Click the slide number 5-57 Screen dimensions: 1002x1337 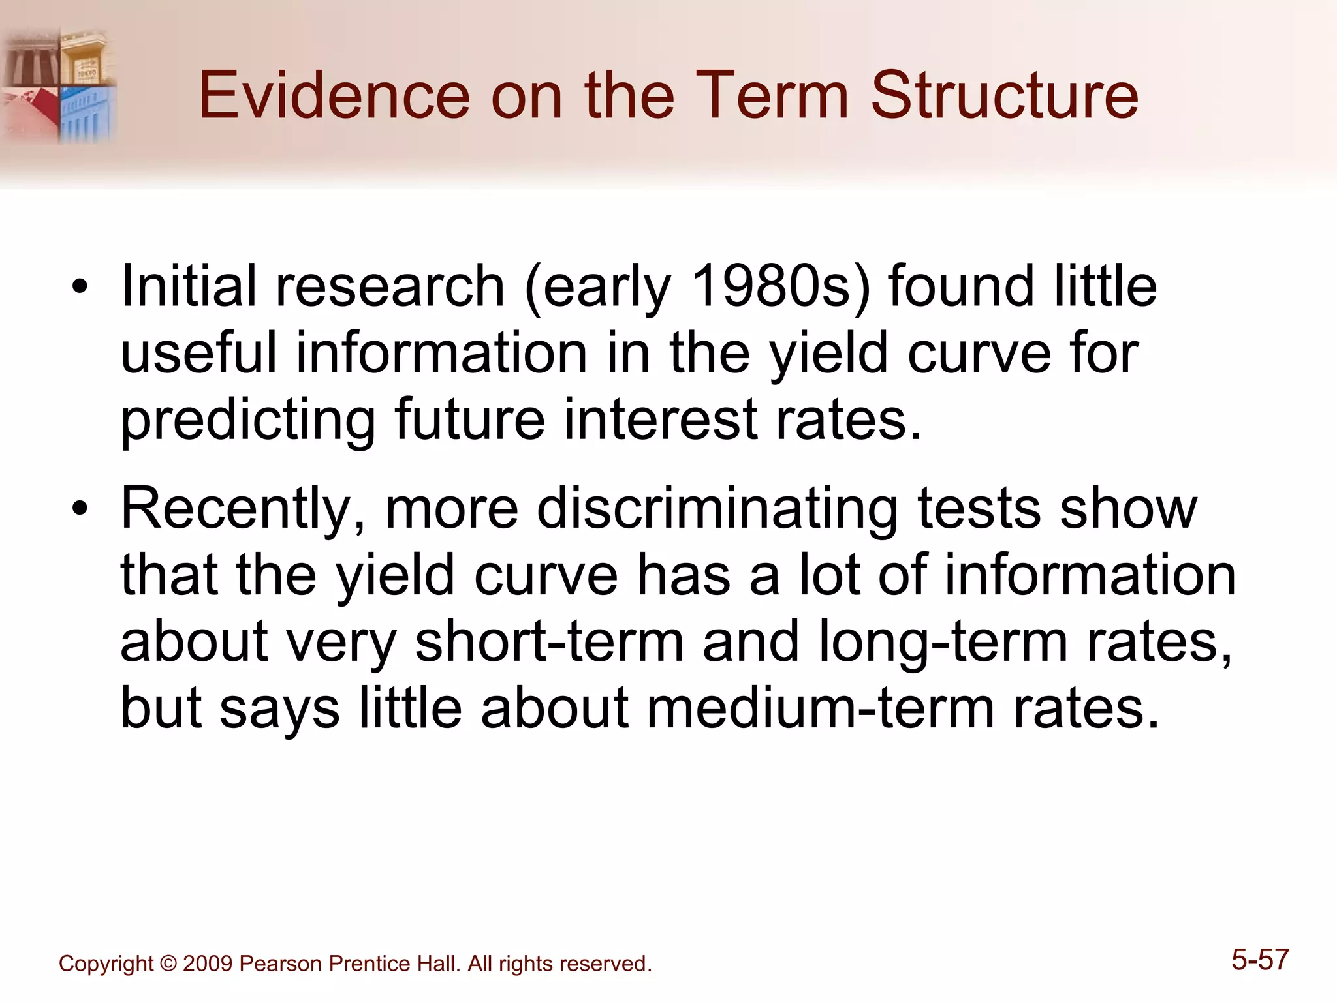pyautogui.click(x=1260, y=960)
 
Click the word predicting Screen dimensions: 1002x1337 pyautogui.click(x=248, y=421)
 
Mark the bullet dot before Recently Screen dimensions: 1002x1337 pyautogui.click(x=80, y=509)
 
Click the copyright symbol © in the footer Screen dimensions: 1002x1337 pyautogui.click(x=168, y=964)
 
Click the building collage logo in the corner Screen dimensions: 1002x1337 pyautogui.click(x=59, y=85)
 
